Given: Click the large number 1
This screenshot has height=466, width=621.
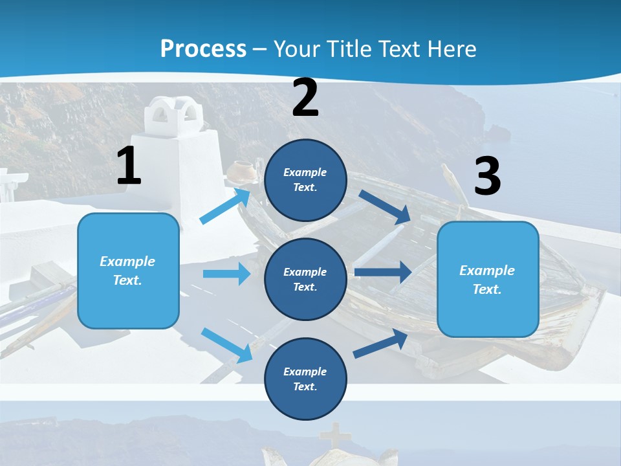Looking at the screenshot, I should pyautogui.click(x=129, y=166).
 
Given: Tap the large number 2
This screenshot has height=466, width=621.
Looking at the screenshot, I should pyautogui.click(x=305, y=98).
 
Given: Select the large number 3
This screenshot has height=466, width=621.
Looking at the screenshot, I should pyautogui.click(x=488, y=177).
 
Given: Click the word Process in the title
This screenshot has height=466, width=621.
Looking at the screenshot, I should pyautogui.click(x=203, y=49).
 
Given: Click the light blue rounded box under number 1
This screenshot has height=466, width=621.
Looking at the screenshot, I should pyautogui.click(x=128, y=271).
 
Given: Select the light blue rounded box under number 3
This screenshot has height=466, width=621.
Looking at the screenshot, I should pyautogui.click(x=488, y=279).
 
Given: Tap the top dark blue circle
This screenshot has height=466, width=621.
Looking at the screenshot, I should pyautogui.click(x=305, y=179).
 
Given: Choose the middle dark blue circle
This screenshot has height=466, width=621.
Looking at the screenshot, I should pyautogui.click(x=305, y=279).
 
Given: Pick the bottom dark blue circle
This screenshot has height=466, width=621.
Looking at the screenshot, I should pyautogui.click(x=305, y=379).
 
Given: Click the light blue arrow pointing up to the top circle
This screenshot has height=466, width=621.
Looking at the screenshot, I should pyautogui.click(x=226, y=206).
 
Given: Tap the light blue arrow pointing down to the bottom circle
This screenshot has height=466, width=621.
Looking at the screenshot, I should pyautogui.click(x=226, y=345).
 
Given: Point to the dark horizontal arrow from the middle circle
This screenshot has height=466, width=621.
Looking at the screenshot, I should pyautogui.click(x=382, y=272).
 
